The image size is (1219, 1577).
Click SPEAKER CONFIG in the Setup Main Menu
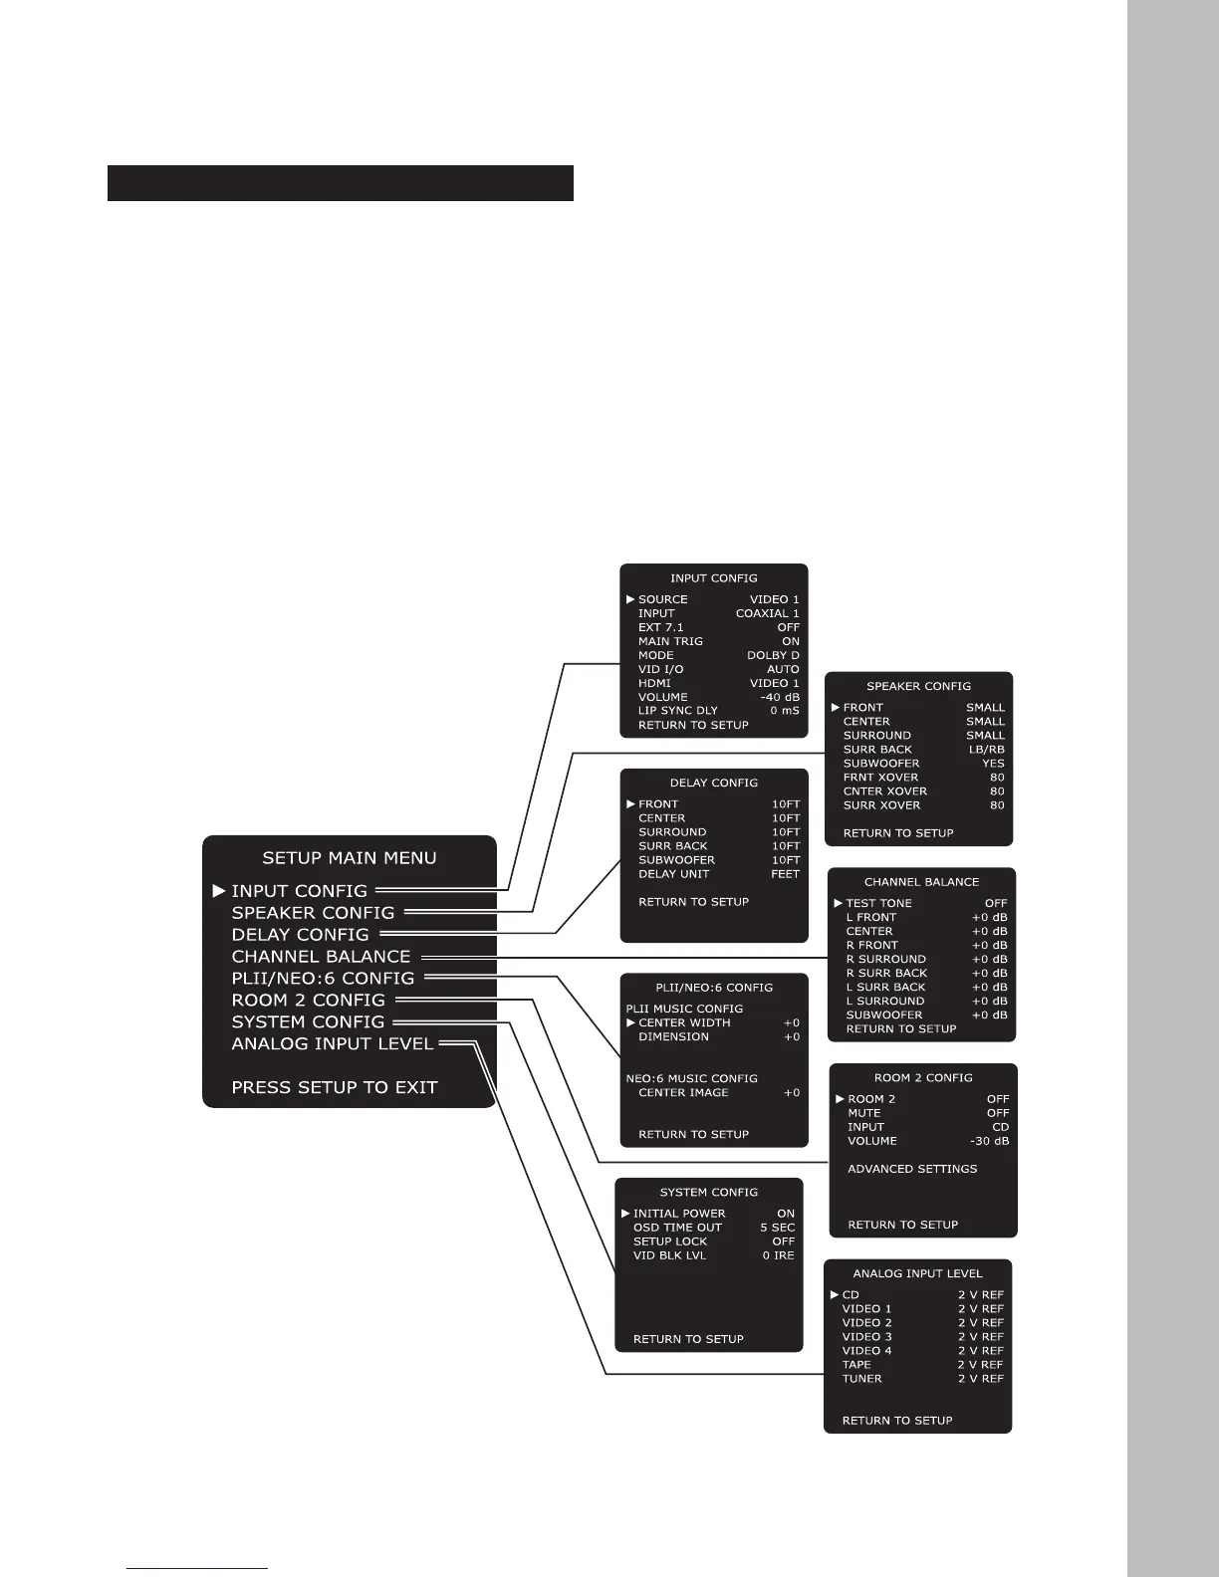[313, 913]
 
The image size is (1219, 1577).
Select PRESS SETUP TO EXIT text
[335, 1088]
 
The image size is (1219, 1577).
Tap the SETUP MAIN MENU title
[349, 858]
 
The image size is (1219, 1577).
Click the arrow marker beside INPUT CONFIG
[219, 891]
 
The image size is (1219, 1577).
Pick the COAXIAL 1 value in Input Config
[767, 614]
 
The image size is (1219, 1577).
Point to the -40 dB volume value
[779, 698]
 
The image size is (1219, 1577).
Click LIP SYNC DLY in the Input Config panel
[677, 712]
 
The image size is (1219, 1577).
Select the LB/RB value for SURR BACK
[986, 750]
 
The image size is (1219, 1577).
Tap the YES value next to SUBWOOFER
[993, 764]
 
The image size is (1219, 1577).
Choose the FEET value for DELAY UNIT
[785, 874]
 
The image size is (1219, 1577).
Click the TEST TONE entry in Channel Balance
[878, 904]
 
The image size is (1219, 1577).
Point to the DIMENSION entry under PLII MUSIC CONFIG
[673, 1037]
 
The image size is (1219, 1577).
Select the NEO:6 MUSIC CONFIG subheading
[691, 1079]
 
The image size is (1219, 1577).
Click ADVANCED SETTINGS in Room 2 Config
[912, 1170]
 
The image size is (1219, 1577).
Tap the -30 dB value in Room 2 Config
[989, 1142]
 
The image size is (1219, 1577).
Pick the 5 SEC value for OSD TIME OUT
[777, 1229]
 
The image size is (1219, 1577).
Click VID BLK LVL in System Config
[669, 1256]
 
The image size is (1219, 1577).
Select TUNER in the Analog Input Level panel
[861, 1380]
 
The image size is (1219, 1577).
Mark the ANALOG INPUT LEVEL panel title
[917, 1274]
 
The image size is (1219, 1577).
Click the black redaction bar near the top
[340, 183]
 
